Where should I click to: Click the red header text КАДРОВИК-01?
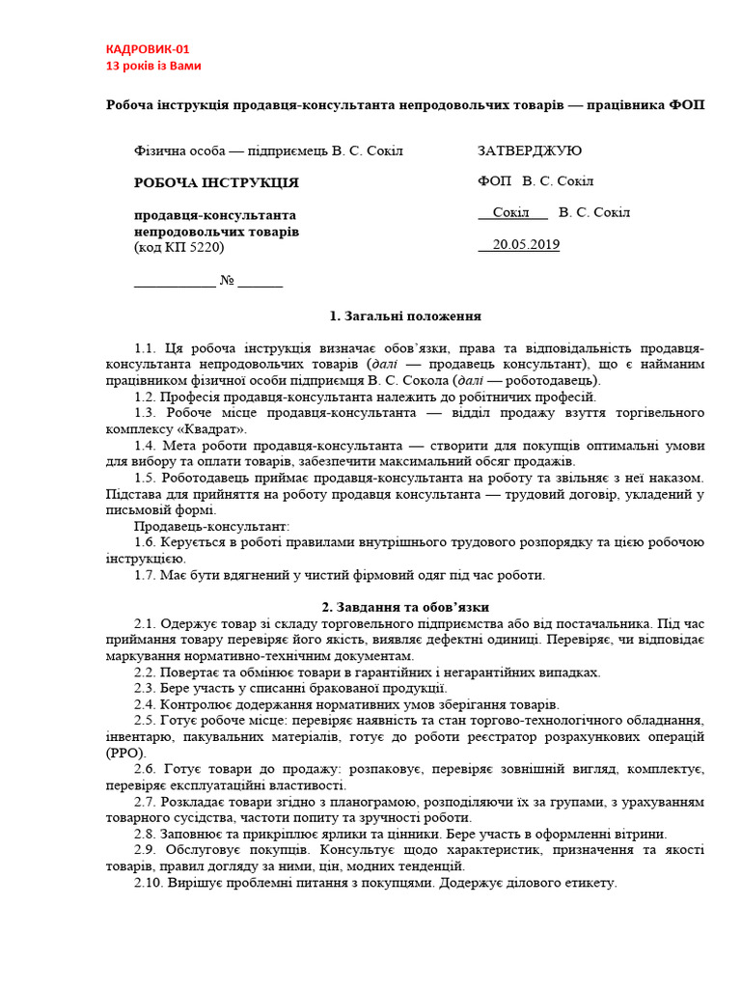153,49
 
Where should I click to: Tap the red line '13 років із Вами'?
153,66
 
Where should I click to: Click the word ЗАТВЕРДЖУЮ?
530,151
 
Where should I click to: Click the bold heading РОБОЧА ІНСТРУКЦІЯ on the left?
216,182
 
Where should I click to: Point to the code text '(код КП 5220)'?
178,248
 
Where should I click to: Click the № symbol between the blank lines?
227,281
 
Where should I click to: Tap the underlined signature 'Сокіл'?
511,212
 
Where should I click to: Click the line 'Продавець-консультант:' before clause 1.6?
211,526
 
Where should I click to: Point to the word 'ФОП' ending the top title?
687,104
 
